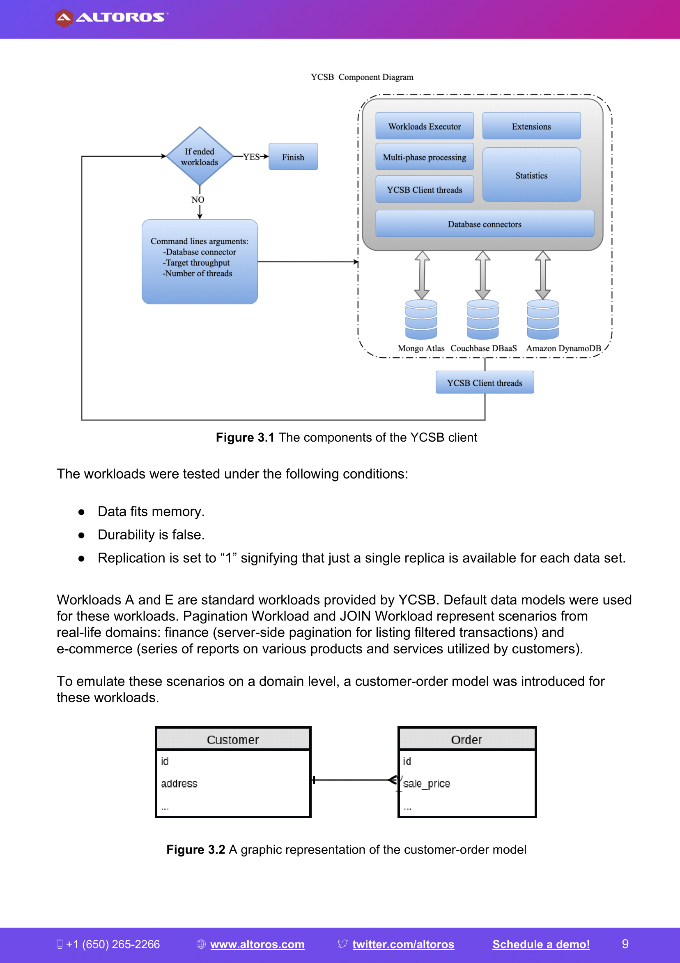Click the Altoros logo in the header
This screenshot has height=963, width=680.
111,18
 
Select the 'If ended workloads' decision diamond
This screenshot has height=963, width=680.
200,156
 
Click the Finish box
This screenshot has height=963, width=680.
293,157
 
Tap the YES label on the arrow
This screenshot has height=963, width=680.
251,157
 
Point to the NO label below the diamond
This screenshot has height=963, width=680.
198,200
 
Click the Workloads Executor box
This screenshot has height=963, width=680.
425,126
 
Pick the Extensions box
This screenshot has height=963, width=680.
531,126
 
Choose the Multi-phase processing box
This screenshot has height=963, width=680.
425,157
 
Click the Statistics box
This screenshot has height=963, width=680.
531,175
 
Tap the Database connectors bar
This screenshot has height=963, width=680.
485,224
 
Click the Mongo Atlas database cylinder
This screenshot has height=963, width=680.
421,319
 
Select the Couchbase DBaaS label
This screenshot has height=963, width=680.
483,348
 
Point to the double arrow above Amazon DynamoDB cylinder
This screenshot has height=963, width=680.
542,275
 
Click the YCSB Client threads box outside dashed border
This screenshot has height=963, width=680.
485,382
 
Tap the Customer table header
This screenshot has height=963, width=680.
233,739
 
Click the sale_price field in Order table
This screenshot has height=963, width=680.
427,783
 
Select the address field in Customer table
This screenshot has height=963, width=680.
179,783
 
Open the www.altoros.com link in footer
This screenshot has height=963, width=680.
257,944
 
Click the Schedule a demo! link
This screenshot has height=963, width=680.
541,944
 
